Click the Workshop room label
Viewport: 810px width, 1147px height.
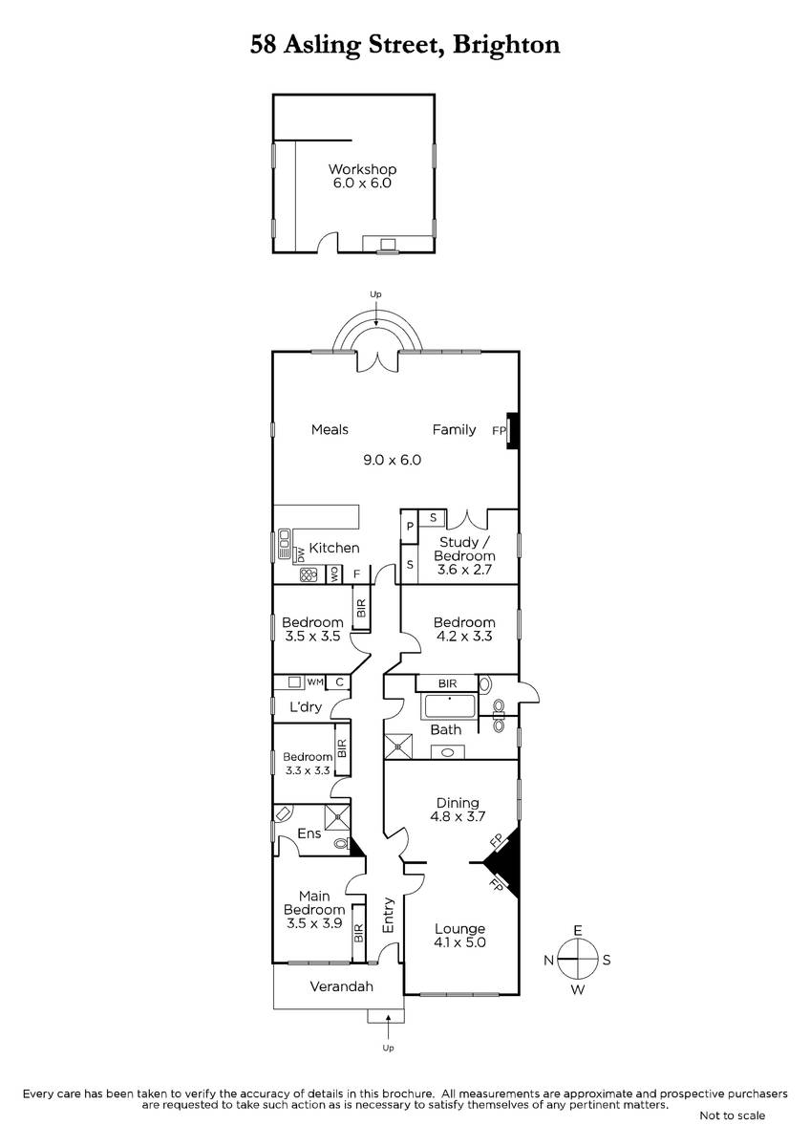(362, 169)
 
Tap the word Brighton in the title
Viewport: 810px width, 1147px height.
(506, 45)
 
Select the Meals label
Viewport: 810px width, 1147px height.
(330, 429)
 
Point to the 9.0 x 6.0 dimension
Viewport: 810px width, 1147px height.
(392, 460)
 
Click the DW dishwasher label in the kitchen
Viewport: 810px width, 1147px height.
(301, 554)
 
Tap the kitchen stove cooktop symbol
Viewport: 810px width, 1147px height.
(309, 574)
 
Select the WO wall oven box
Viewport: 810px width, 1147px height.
(334, 574)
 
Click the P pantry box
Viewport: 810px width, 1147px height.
(410, 527)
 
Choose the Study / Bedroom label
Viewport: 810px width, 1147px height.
(464, 549)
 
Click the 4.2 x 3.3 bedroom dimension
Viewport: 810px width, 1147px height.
(464, 636)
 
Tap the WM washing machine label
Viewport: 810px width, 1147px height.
(315, 682)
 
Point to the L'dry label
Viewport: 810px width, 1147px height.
(306, 707)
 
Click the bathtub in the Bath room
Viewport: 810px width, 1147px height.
(449, 706)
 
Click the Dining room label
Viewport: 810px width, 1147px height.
(458, 802)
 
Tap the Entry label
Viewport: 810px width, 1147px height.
(389, 915)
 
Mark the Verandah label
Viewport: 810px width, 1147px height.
(341, 986)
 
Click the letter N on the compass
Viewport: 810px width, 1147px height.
(548, 960)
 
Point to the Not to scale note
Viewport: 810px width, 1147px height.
(733, 1115)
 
